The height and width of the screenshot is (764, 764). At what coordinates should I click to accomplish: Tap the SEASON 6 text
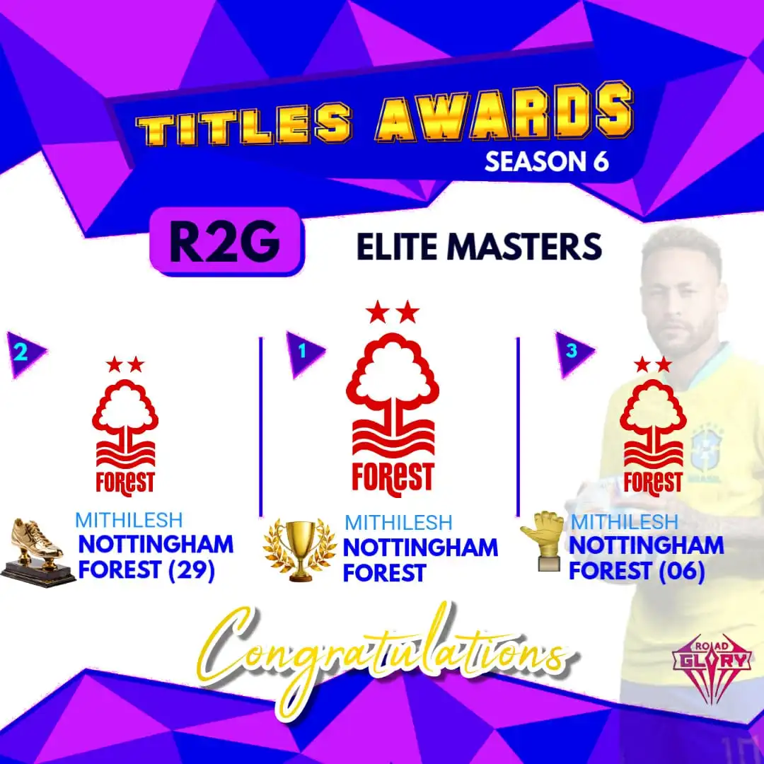click(x=546, y=162)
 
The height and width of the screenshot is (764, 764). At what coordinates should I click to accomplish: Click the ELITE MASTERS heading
click(x=479, y=247)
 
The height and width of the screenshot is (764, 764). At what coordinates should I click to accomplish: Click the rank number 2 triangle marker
click(x=24, y=352)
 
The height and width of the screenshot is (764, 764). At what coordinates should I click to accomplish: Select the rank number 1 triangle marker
click(x=305, y=350)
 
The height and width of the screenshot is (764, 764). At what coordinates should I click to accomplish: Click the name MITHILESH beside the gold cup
click(x=398, y=523)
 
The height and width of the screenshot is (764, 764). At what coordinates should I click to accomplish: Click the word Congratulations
click(x=389, y=654)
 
